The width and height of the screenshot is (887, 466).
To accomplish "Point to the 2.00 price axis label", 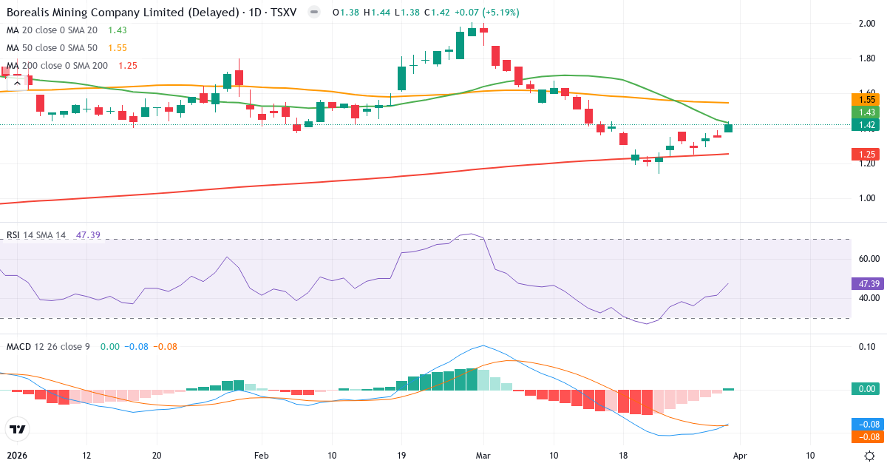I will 867,24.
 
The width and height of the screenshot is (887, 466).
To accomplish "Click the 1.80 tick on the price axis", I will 867,58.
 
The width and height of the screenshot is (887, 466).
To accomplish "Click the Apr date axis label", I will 740,456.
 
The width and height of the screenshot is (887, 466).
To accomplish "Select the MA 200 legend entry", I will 58,66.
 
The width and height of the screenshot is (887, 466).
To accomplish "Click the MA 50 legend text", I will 52,47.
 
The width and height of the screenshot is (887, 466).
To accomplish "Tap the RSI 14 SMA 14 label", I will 36,235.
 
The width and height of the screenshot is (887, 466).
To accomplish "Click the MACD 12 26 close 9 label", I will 48,346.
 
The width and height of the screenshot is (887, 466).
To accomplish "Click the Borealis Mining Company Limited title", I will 122,13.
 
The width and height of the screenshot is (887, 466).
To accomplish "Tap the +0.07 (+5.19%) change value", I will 487,13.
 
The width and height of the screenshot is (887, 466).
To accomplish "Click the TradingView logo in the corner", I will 17,429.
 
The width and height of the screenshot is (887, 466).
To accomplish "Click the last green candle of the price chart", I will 729,128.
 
